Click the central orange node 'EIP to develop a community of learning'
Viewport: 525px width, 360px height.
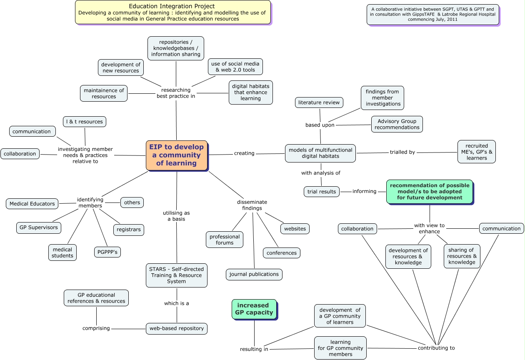pyautogui.click(x=177, y=155)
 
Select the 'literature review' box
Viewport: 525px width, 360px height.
pyautogui.click(x=319, y=102)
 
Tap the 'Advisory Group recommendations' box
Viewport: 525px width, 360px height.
pyautogui.click(x=397, y=124)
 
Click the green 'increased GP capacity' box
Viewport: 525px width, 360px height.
pyautogui.click(x=254, y=309)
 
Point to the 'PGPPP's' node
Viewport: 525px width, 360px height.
pyautogui.click(x=107, y=252)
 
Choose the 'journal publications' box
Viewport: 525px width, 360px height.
pyautogui.click(x=254, y=274)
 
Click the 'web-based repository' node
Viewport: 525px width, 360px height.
pyautogui.click(x=177, y=328)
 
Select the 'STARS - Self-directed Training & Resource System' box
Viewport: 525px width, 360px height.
pyautogui.click(x=177, y=275)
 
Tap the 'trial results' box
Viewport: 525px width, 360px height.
pyautogui.click(x=321, y=192)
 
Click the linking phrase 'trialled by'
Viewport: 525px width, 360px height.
pyautogui.click(x=402, y=152)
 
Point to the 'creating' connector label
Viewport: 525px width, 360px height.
pyautogui.click(x=244, y=153)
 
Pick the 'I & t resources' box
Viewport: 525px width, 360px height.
pyautogui.click(x=85, y=122)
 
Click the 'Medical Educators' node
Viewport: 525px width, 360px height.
pyautogui.click(x=32, y=204)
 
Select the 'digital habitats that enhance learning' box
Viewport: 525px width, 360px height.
pyautogui.click(x=251, y=92)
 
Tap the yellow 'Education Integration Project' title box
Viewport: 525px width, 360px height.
pyautogui.click(x=172, y=12)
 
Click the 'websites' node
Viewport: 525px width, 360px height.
pyautogui.click(x=295, y=228)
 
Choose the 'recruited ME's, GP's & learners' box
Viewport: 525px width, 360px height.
pyautogui.click(x=476, y=152)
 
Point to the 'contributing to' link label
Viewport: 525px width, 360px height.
pyautogui.click(x=436, y=348)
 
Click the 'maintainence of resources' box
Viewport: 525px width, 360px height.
pyautogui.click(x=104, y=93)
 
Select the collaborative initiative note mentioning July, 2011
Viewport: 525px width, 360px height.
pyautogui.click(x=433, y=14)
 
